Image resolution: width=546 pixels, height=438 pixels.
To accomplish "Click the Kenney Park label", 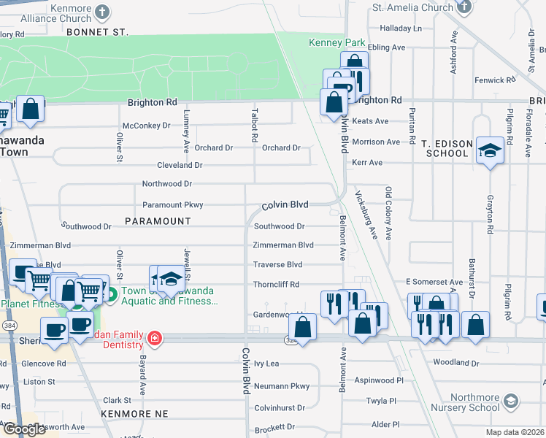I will (337, 43).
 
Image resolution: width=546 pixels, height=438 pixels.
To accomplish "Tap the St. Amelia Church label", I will (412, 8).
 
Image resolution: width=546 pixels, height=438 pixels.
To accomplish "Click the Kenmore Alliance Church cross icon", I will (103, 12).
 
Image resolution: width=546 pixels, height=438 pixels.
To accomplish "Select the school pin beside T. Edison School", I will (490, 150).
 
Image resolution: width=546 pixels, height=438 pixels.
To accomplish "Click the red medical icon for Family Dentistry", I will (154, 338).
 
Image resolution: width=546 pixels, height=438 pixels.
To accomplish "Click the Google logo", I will (24, 429).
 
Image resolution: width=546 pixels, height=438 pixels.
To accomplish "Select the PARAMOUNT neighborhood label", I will (158, 220).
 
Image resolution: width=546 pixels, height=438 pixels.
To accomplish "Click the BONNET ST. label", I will (96, 33).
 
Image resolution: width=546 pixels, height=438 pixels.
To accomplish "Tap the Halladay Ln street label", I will (396, 28).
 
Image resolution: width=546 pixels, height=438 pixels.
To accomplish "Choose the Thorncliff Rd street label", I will (276, 284).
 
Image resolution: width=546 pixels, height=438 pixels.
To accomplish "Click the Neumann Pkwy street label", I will (281, 386).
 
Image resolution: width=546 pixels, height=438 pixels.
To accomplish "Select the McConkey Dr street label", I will (146, 126).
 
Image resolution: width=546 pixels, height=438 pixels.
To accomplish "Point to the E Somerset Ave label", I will (434, 282).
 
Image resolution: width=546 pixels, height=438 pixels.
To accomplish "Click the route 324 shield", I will (291, 339).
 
